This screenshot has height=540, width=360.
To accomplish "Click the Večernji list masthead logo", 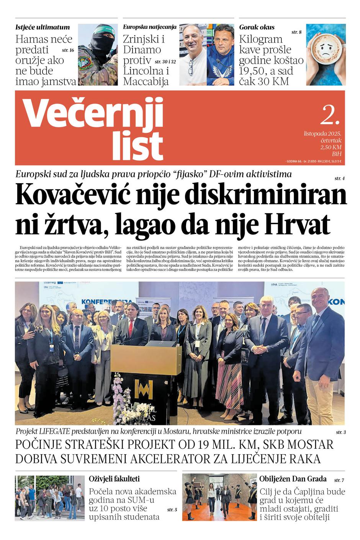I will [x=94, y=128].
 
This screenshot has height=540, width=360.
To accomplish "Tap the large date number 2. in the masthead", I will [x=330, y=115].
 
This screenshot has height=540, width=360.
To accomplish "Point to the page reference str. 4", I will [x=339, y=179].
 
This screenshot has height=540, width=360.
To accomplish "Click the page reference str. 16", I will [x=68, y=50].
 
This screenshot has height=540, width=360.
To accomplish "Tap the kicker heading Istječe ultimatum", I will [x=43, y=27].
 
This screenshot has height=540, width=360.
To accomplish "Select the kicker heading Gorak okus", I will [x=257, y=27].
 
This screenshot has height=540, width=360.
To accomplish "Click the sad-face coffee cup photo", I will [x=326, y=54].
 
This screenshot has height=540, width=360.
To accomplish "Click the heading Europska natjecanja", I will [x=149, y=27].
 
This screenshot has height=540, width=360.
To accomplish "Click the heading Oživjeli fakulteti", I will [x=114, y=479].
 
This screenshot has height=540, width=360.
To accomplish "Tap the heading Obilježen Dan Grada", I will [x=293, y=479].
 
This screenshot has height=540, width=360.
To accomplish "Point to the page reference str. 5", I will [x=172, y=510].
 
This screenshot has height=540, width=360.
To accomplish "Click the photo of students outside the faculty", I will [x=50, y=497].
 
